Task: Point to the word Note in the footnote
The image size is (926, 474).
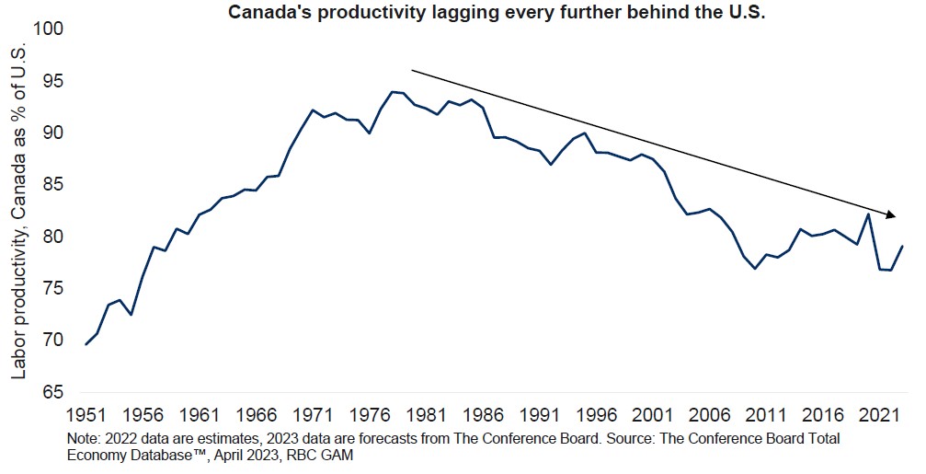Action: click(84, 437)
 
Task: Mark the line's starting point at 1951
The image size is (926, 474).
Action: click(86, 344)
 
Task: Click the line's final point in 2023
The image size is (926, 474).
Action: click(903, 246)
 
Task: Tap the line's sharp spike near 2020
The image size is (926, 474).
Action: click(868, 214)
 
